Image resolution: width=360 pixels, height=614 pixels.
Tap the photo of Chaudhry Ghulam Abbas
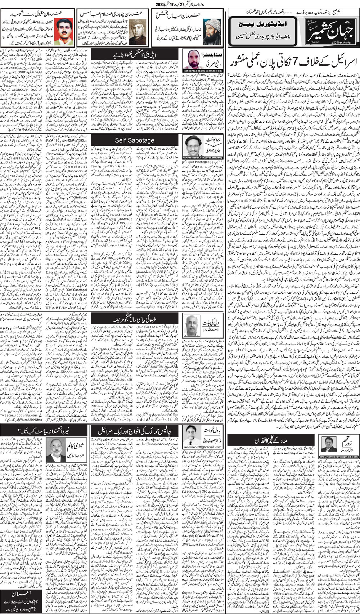pyautogui.click(x=136, y=31)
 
